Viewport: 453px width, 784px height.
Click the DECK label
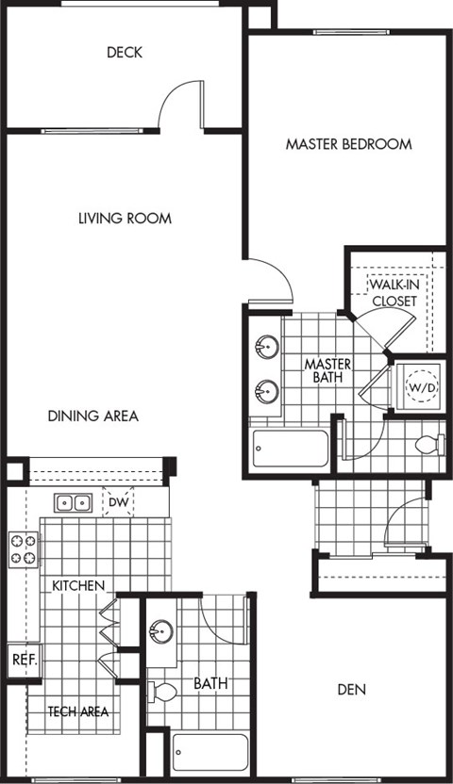coord(125,53)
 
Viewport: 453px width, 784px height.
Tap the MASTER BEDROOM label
coord(348,144)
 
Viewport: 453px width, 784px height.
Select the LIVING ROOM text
coord(125,219)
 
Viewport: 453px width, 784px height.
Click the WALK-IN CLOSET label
coord(394,292)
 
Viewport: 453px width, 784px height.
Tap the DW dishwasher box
coord(118,502)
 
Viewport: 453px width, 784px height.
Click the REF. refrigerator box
coord(22,660)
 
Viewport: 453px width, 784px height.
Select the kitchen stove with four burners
coord(24,549)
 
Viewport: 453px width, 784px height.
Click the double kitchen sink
coord(72,502)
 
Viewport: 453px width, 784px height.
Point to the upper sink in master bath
coord(265,348)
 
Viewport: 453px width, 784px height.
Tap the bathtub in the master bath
coord(290,449)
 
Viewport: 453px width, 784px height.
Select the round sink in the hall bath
coord(161,629)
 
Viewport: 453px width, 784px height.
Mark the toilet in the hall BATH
coord(162,693)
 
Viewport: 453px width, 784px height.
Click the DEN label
coord(351,690)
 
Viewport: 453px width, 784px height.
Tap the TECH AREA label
coord(77,711)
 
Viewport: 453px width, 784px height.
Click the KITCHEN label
coord(77,586)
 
